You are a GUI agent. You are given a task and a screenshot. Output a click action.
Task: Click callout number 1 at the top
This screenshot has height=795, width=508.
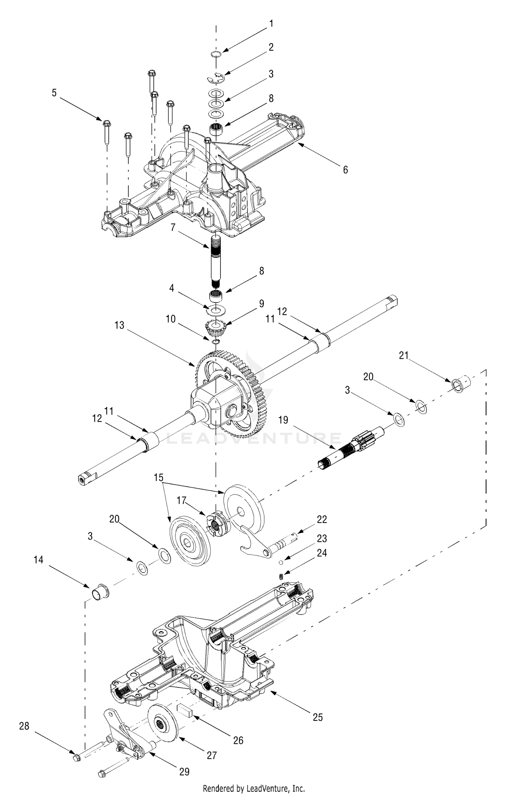271,24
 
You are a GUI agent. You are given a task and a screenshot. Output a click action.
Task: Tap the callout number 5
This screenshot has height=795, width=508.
54,93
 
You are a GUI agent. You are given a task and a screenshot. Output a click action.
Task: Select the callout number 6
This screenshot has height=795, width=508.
345,169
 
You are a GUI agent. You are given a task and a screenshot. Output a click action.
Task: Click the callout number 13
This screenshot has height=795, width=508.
120,325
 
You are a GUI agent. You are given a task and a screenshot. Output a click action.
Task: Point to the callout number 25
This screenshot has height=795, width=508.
318,717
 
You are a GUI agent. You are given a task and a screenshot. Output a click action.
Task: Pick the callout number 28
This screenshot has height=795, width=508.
24,726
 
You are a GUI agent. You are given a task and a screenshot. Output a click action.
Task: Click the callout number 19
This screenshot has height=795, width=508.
283,420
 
